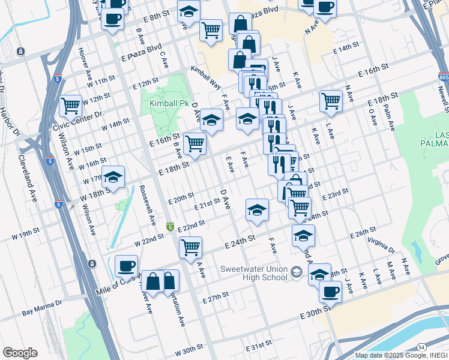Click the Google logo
[x=20, y=353]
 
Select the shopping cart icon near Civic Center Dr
[x=71, y=106]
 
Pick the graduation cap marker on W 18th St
[x=113, y=177]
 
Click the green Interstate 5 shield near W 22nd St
[x=170, y=227]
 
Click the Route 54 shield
[x=422, y=347]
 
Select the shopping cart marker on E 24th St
[x=190, y=247]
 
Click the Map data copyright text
[x=400, y=355]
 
